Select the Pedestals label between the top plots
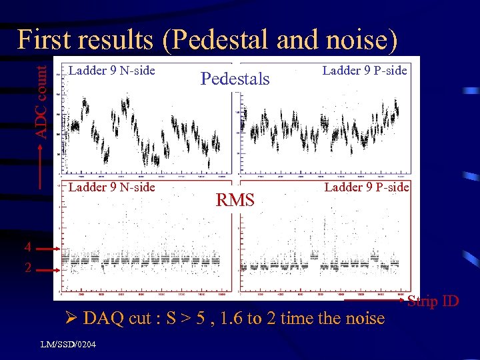235,79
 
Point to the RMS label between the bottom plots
235,199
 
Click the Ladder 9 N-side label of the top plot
112,70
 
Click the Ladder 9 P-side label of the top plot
365,70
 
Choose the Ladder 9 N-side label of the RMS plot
112,187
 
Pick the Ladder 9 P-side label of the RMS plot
366,187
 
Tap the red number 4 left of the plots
27,248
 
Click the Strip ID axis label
433,301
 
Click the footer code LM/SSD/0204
68,344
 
